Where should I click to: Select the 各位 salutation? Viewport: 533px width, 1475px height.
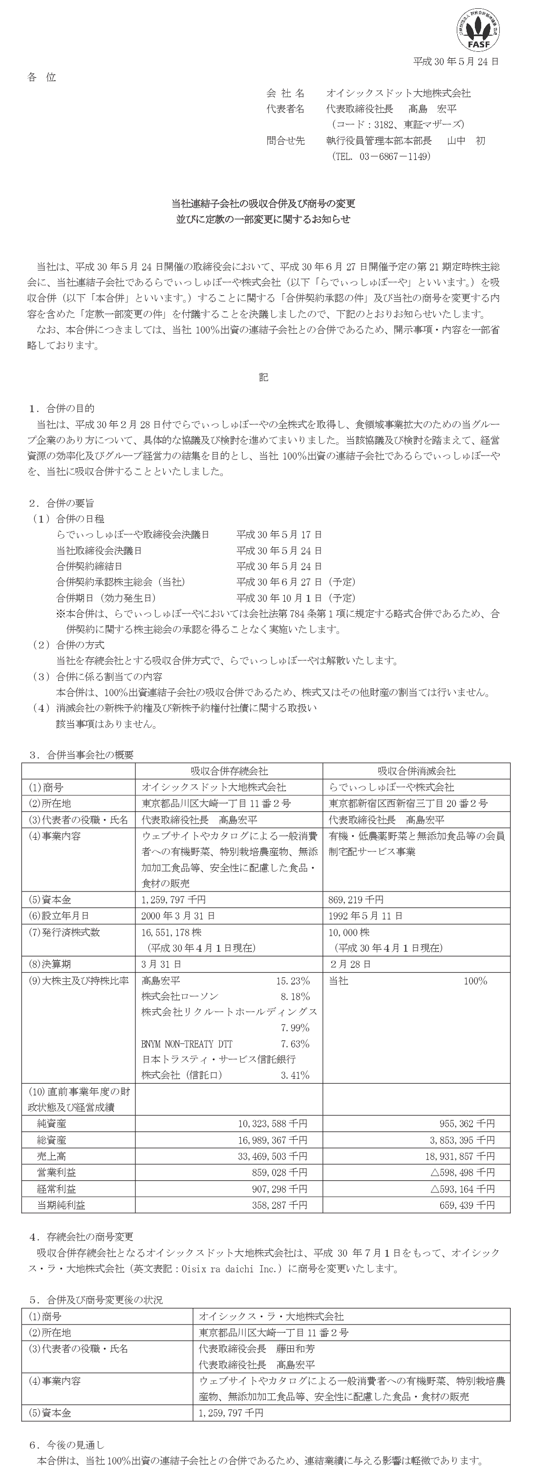pos(41,77)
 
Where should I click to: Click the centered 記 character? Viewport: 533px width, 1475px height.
pos(263,377)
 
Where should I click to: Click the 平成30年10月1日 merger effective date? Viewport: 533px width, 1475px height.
pos(279,598)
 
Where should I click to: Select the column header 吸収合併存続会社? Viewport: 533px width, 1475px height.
pos(229,771)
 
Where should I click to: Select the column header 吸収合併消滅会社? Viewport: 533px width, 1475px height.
pos(416,771)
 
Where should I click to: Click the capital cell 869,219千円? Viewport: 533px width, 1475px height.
pos(356,900)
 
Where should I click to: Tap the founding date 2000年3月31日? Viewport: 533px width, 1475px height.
pos(178,915)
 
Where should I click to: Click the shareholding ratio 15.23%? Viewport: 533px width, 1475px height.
pos(293,981)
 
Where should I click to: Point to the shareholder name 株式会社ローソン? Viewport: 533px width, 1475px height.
pos(180,997)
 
